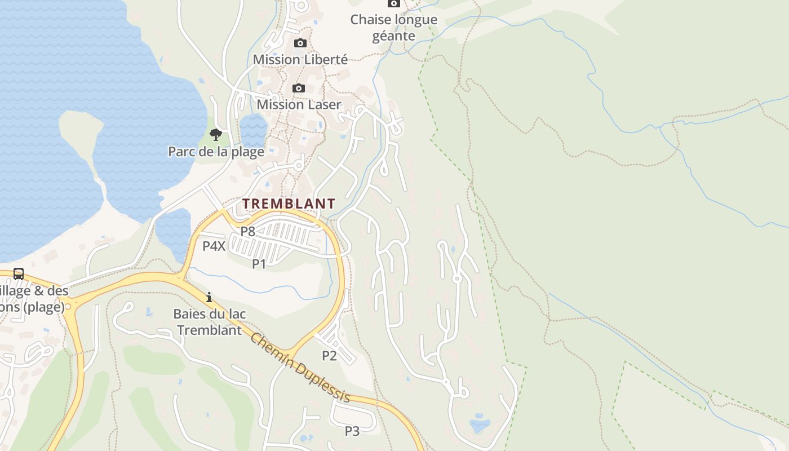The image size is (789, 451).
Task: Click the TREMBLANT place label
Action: click(289, 204)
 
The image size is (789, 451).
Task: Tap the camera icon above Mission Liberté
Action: click(300, 43)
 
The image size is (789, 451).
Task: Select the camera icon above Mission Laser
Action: click(299, 88)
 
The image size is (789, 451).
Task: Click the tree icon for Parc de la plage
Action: click(215, 134)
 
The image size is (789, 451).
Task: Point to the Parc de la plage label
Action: click(216, 152)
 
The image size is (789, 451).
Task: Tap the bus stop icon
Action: click(19, 274)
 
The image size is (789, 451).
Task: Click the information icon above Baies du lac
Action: click(209, 297)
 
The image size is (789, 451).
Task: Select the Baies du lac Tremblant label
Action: click(210, 322)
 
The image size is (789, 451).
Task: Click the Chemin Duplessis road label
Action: click(300, 368)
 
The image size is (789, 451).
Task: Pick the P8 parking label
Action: click(248, 231)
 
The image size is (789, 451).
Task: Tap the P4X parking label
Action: click(214, 246)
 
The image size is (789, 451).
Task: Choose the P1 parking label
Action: click(259, 263)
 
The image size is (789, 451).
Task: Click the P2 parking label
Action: click(329, 355)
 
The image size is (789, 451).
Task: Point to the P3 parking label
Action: click(352, 431)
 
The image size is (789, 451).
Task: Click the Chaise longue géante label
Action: click(393, 28)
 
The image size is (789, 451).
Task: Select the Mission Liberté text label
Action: click(300, 59)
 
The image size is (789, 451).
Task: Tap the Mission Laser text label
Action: click(299, 104)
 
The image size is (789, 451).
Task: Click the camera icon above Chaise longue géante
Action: click(393, 3)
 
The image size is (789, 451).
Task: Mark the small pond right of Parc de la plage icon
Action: click(253, 130)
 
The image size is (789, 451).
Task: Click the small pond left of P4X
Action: click(172, 231)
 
